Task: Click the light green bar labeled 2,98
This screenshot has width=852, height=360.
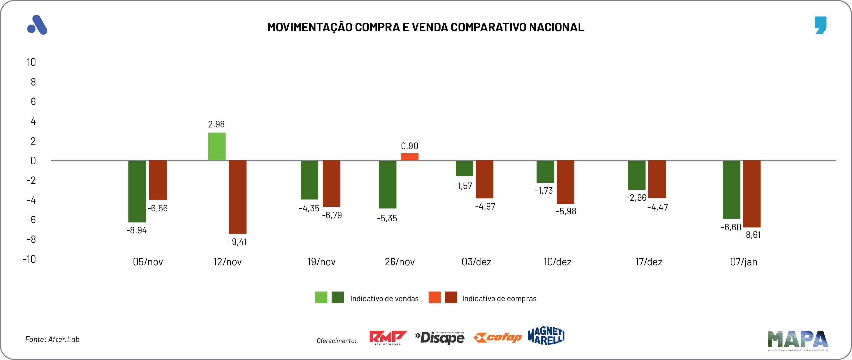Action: [x=217, y=146]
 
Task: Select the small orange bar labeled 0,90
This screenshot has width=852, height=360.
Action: [x=410, y=157]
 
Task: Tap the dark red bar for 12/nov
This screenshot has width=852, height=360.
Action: [x=238, y=197]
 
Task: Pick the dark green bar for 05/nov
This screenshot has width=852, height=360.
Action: [x=137, y=191]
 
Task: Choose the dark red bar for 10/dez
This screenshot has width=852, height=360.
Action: [x=565, y=182]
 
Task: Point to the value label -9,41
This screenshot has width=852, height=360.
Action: [x=237, y=242]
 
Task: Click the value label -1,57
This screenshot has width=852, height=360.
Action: [x=463, y=186]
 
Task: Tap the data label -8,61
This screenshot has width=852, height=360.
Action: [x=752, y=235]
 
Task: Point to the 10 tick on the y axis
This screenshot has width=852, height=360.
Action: [x=31, y=62]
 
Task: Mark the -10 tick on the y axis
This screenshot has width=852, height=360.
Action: [x=30, y=259]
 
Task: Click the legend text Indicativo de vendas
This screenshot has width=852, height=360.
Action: [x=384, y=299]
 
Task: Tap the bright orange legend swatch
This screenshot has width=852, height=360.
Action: [x=434, y=297]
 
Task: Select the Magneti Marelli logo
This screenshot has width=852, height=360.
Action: [x=546, y=336]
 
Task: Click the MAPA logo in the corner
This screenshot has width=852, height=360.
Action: [x=797, y=340]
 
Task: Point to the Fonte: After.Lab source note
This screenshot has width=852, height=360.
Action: [x=52, y=339]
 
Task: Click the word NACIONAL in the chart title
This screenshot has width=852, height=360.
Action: [x=556, y=27]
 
